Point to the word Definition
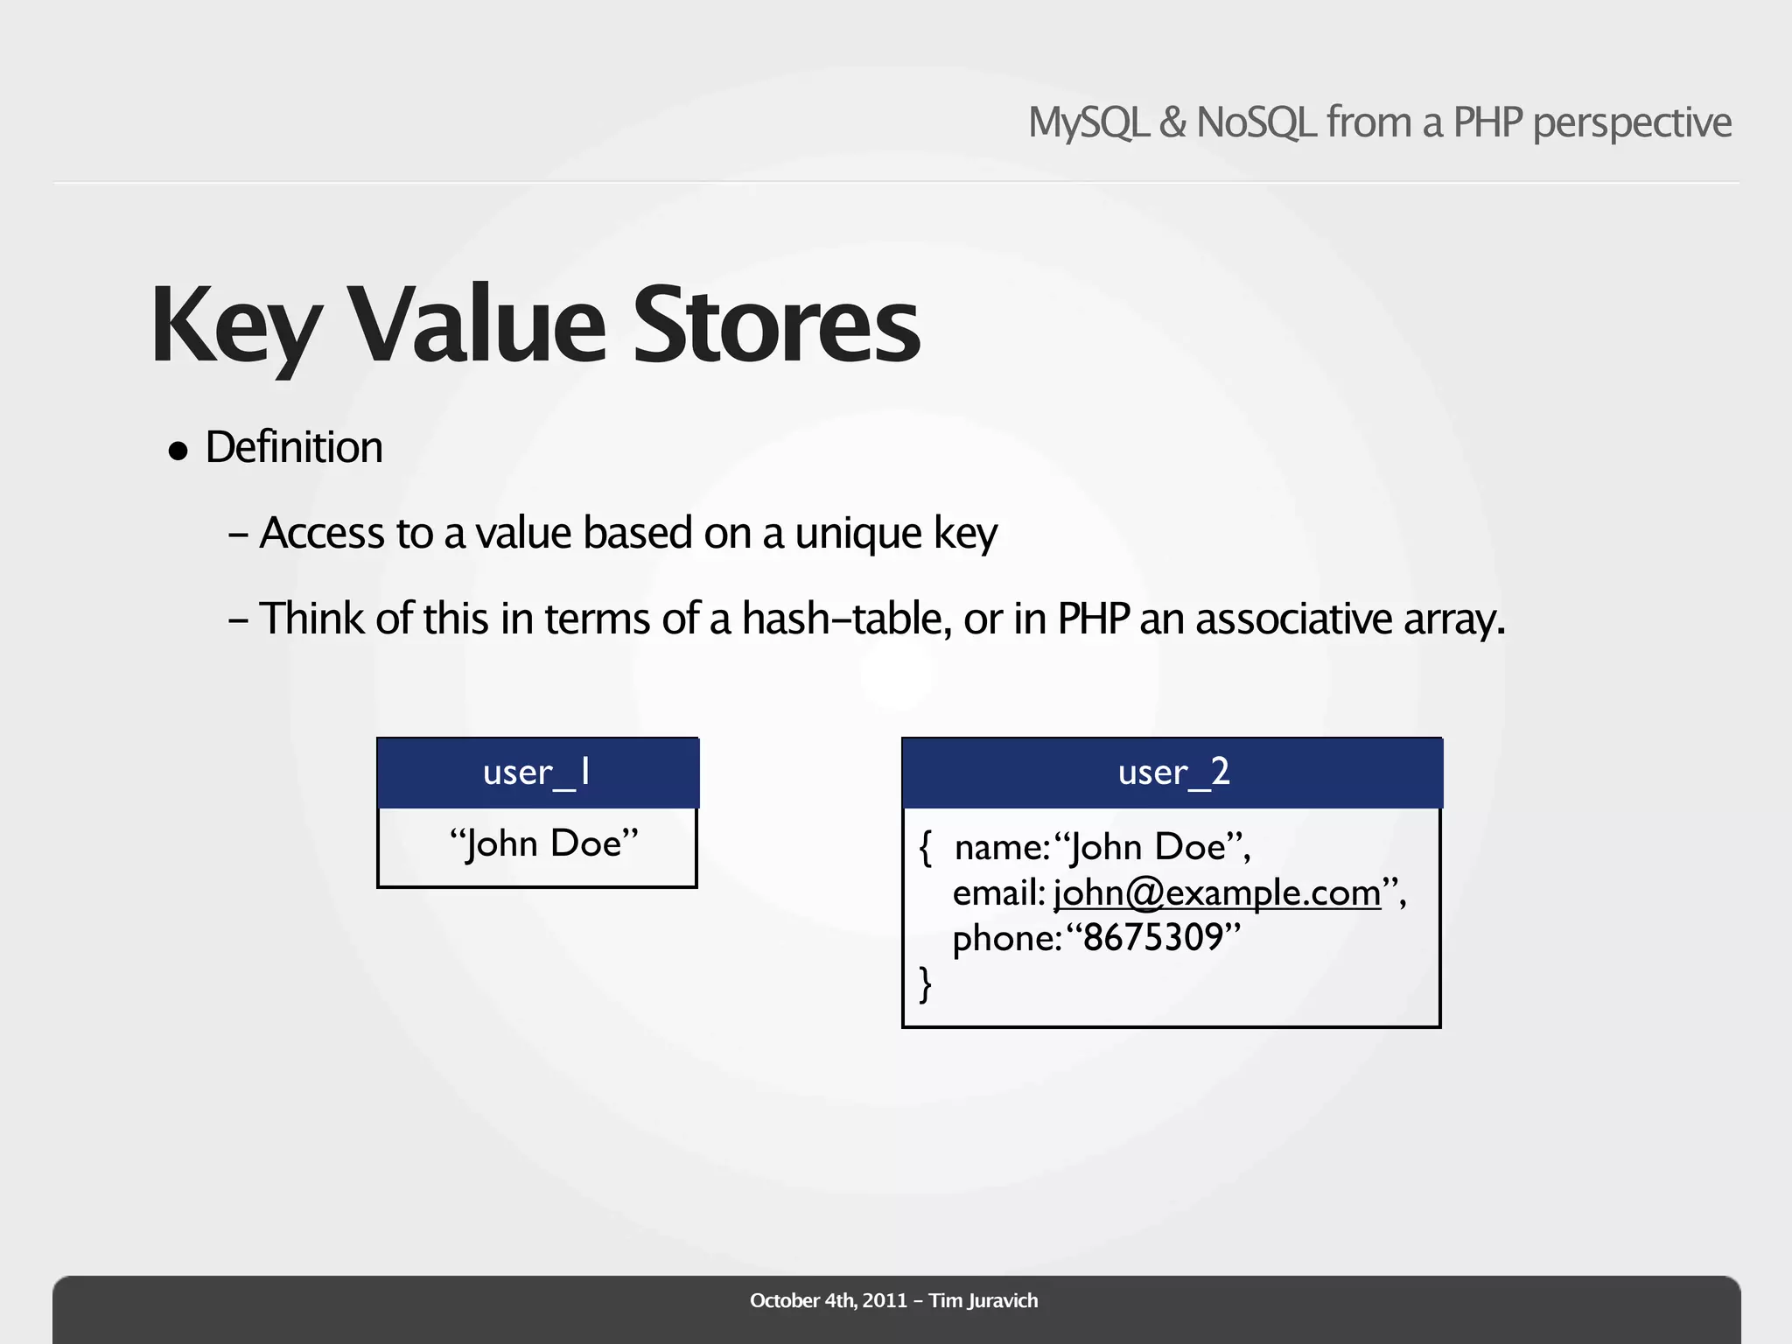(x=294, y=447)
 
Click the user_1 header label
(x=537, y=773)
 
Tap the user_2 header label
(x=1173, y=773)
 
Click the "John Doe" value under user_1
(x=543, y=843)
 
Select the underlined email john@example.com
(x=1217, y=892)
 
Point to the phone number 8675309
(x=1152, y=938)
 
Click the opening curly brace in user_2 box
(x=926, y=847)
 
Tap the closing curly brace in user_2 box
(x=926, y=983)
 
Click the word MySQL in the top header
(x=1088, y=122)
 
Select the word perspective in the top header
(x=1632, y=122)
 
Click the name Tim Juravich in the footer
(x=983, y=1300)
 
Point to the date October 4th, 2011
(x=828, y=1300)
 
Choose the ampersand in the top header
(x=1172, y=122)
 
